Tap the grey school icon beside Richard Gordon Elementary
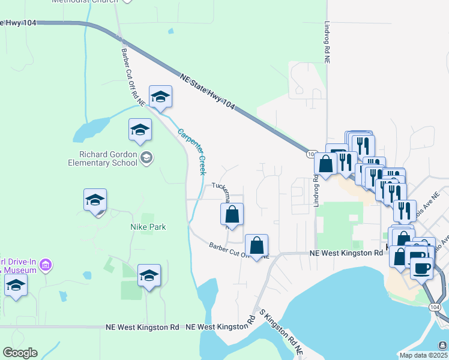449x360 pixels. point(146,158)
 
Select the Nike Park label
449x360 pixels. point(148,227)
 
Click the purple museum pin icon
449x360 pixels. point(49,265)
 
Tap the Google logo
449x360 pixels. point(20,353)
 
